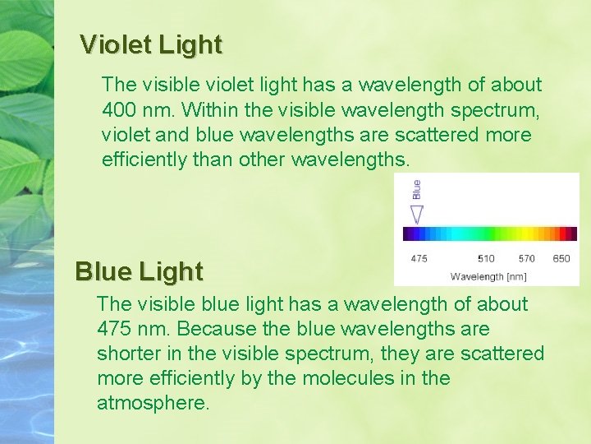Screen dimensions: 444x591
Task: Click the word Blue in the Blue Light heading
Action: (x=104, y=271)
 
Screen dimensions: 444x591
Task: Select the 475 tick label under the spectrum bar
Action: (x=419, y=258)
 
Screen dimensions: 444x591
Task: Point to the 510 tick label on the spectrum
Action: (x=487, y=258)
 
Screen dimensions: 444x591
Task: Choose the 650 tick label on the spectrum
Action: (x=561, y=258)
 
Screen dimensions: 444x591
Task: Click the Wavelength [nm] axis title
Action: (x=488, y=276)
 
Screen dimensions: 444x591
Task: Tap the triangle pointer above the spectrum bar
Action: (x=417, y=215)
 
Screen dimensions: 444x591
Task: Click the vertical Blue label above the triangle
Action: (x=417, y=189)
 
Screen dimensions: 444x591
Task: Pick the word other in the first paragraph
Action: (x=262, y=160)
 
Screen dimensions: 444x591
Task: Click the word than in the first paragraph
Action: (x=213, y=160)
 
